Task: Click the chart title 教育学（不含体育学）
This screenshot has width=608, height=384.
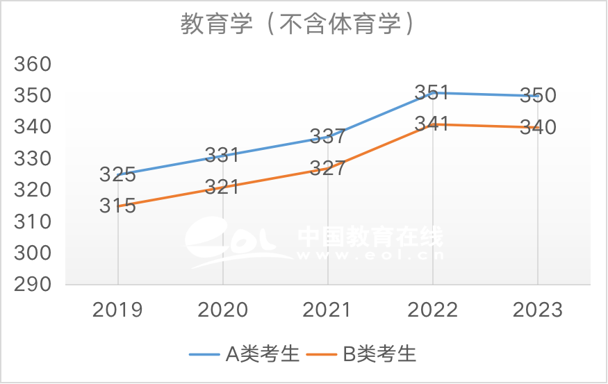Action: tap(299, 25)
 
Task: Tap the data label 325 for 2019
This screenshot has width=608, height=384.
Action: tap(117, 174)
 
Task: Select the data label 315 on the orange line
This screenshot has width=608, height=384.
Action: tap(117, 206)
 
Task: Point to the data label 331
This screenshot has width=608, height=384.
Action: tap(222, 155)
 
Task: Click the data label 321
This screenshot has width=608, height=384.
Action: tap(222, 187)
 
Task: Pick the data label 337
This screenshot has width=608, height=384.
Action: tap(328, 136)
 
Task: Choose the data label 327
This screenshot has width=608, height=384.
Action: tap(328, 169)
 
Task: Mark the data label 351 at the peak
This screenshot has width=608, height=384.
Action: tap(432, 92)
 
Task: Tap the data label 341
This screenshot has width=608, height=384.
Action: tap(432, 124)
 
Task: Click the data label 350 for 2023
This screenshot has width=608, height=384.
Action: tap(539, 95)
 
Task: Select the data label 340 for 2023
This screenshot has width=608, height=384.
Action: tap(539, 128)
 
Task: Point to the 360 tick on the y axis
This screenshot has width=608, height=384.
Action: tap(33, 65)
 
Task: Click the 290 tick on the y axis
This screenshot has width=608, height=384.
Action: tap(33, 285)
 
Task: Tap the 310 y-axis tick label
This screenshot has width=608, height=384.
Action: tap(33, 222)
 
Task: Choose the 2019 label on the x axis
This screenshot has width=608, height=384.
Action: tap(117, 310)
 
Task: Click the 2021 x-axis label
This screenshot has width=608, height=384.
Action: tap(328, 310)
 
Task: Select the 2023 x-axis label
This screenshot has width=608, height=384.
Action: tap(539, 310)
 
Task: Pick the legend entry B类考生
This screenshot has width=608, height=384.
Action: tap(379, 353)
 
